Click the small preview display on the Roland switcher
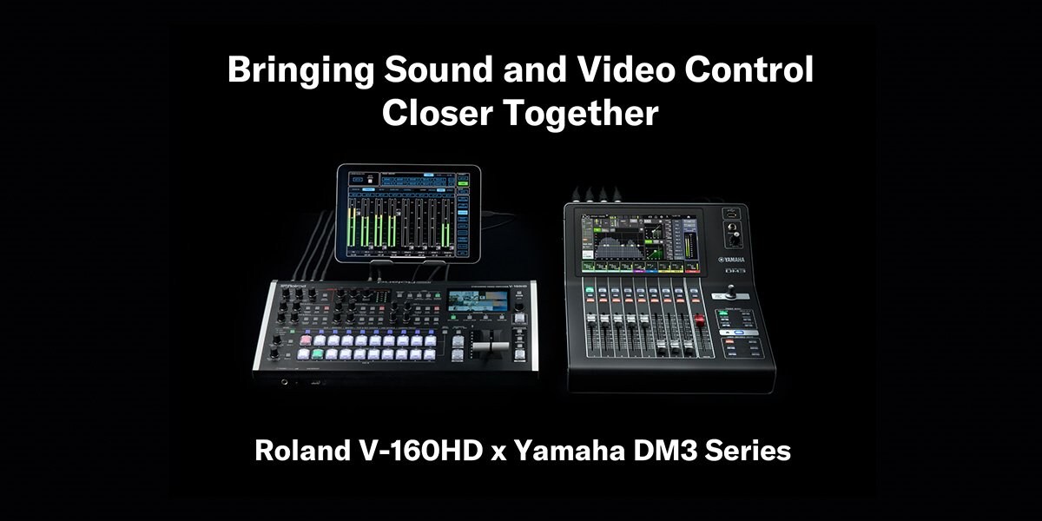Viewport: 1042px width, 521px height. pyautogui.click(x=477, y=301)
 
